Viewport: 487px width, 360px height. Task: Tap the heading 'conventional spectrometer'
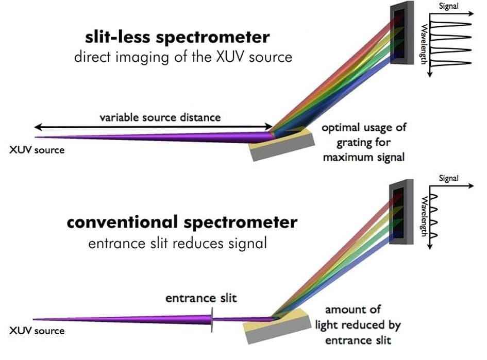coord(182,222)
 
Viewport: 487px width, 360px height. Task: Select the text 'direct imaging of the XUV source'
coord(183,56)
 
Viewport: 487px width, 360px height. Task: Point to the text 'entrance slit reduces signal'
coord(178,242)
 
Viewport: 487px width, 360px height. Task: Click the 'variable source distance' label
coord(160,117)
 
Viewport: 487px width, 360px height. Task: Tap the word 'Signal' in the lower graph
coord(448,178)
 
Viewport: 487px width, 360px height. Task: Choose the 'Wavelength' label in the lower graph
coord(424,216)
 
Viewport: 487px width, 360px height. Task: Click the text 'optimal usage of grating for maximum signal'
coord(363,142)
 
